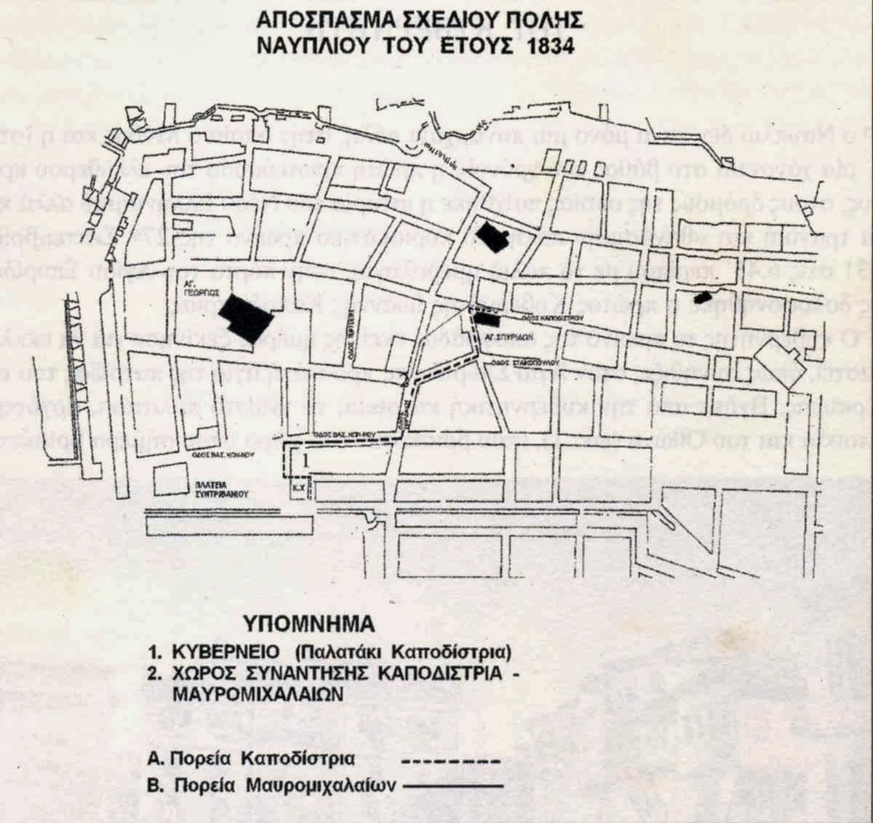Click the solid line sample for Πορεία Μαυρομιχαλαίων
pyautogui.click(x=453, y=786)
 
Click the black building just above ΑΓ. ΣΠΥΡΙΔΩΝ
pyautogui.click(x=486, y=318)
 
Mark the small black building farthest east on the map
pyautogui.click(x=702, y=297)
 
